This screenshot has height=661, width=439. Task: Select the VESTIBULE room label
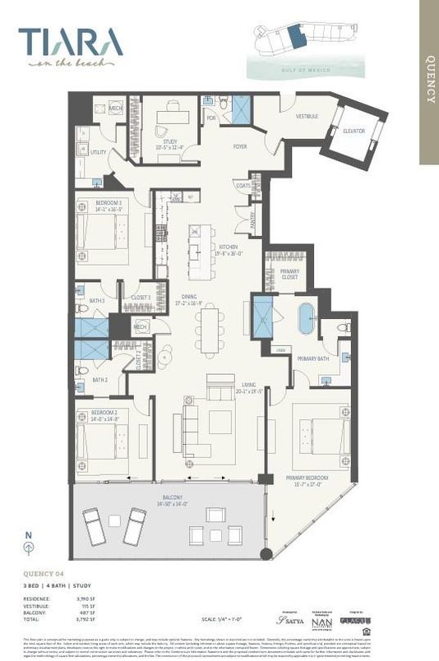306,117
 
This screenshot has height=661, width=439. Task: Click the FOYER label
239,147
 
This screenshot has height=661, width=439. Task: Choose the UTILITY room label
99,152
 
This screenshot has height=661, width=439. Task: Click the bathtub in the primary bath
306,318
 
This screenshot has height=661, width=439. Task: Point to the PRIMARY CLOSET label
289,274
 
